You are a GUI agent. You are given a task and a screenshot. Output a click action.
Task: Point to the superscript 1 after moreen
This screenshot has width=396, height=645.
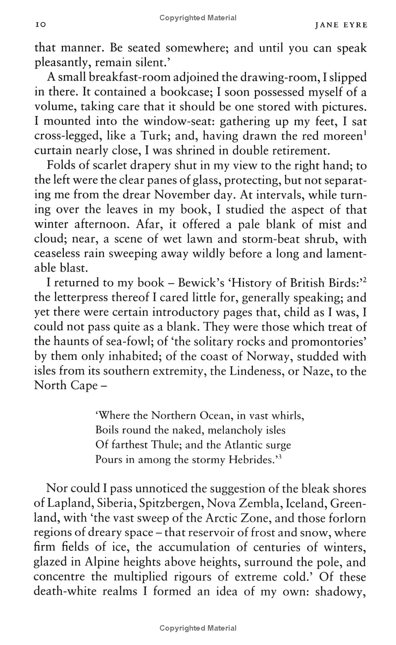tap(364, 132)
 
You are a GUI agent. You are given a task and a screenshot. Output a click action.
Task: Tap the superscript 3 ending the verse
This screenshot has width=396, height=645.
tap(279, 456)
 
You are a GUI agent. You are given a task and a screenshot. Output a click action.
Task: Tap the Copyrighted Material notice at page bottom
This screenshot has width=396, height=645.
tap(198, 628)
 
